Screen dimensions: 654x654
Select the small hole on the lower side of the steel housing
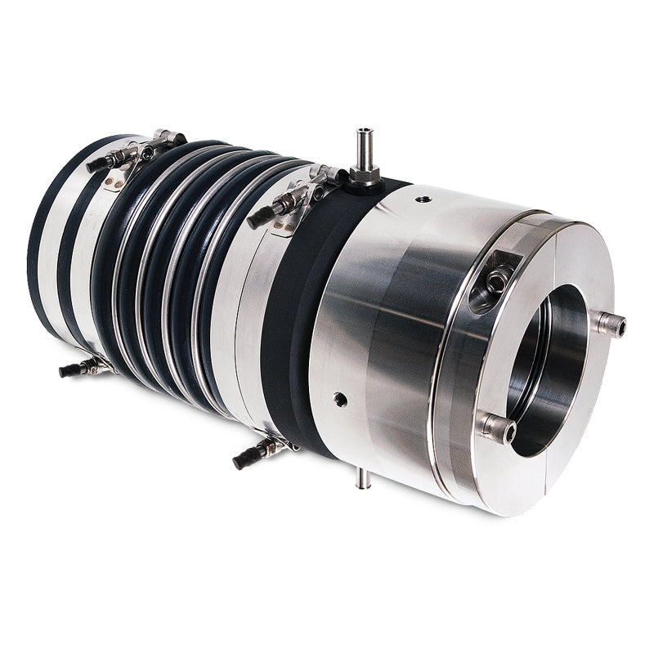(x=340, y=400)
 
